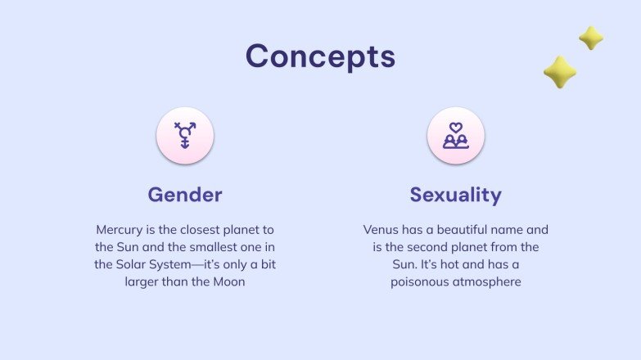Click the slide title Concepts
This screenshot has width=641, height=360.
coord(320,56)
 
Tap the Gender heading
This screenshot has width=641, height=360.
coord(185,195)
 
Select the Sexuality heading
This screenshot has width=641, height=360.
coord(455,195)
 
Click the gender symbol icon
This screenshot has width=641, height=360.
coord(185,135)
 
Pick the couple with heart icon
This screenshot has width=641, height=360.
coord(455,135)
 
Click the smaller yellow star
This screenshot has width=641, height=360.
coord(591,38)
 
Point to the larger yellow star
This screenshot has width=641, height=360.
coord(560,72)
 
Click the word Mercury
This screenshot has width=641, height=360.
coord(120,230)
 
